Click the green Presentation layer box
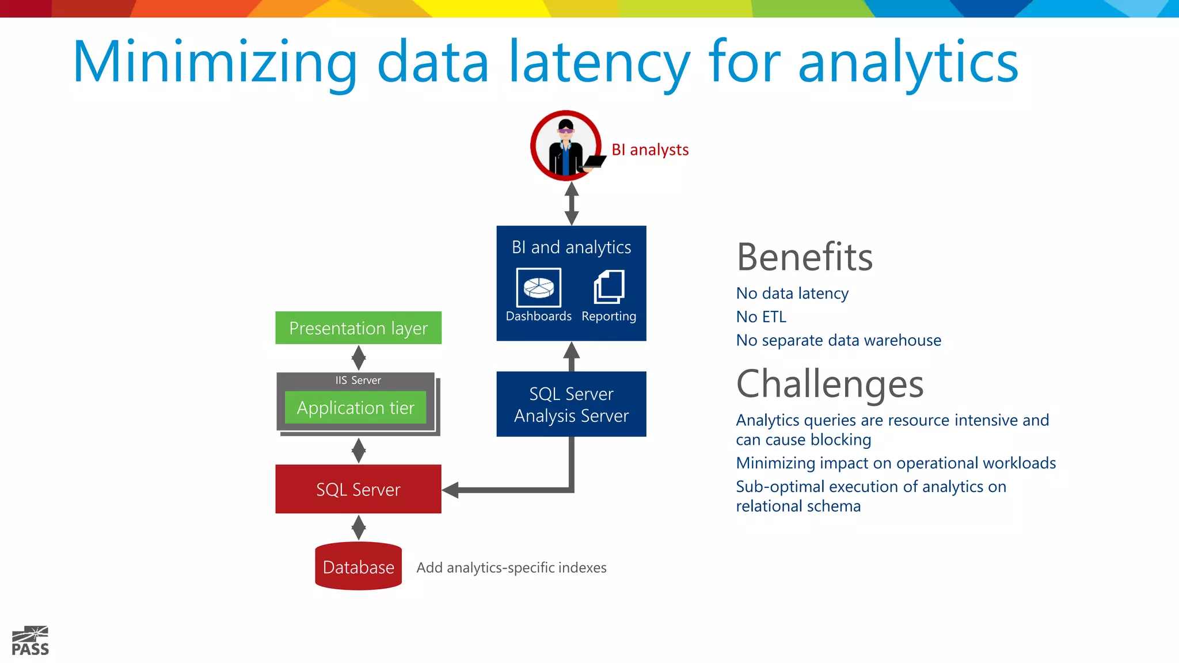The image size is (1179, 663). pos(358,328)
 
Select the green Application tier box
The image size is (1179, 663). pos(355,407)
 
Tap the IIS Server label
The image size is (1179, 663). pos(357,380)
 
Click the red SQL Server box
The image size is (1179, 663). pos(358,489)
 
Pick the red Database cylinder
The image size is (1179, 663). pos(358,566)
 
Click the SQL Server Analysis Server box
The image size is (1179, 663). pos(571,404)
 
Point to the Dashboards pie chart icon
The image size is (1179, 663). pos(538,287)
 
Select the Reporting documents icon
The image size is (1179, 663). pos(608,287)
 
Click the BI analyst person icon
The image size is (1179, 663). pos(566,146)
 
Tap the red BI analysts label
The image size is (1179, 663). pos(650,150)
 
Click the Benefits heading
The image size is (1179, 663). pos(804,257)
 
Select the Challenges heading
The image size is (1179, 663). pos(830,384)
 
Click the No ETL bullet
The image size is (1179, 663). pos(760,317)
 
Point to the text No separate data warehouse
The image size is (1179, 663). pos(838,340)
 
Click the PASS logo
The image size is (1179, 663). pos(31,641)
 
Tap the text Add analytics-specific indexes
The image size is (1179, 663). pos(511,567)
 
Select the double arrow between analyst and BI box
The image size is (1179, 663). pos(571,203)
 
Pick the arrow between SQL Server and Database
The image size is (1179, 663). pos(358,527)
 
